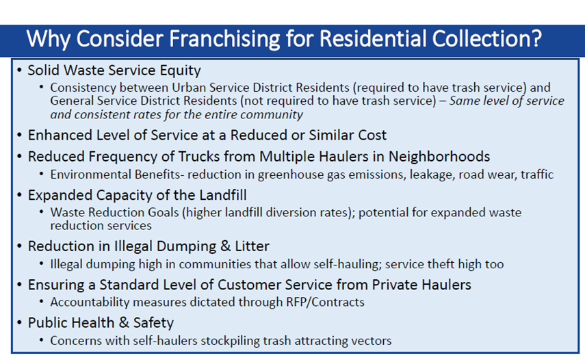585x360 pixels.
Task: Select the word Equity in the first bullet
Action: click(181, 70)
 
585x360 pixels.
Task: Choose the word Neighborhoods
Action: click(434, 157)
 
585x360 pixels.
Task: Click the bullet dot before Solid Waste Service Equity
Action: click(21, 70)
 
